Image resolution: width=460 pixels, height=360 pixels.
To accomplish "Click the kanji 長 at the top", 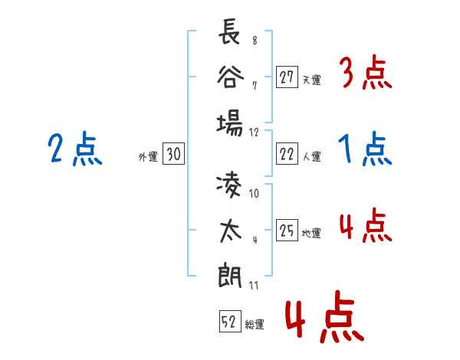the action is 229,31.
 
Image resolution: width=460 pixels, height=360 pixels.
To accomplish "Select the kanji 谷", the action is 230,77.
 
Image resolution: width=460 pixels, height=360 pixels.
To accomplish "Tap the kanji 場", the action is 230,123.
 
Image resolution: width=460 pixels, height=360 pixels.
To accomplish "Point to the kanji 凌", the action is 228,186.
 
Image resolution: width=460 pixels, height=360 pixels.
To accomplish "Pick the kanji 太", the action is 230,231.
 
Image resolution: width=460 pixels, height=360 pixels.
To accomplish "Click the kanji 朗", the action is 230,277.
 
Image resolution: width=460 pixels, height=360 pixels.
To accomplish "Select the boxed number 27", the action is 287,77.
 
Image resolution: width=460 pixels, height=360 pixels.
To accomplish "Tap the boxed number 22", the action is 287,154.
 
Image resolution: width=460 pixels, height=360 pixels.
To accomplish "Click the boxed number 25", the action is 287,230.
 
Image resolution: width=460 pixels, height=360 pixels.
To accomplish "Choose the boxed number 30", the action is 173,154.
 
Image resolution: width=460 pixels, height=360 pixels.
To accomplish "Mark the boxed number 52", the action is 230,321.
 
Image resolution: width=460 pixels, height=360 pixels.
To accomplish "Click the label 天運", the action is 311,80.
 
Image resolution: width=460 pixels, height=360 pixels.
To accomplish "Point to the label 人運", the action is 311,156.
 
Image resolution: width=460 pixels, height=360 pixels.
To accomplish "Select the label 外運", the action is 148,156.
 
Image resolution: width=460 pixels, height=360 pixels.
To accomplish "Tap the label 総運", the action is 255,324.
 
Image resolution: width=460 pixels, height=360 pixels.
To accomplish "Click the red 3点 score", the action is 366,72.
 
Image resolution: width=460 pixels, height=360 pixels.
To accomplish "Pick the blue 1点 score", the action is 365,149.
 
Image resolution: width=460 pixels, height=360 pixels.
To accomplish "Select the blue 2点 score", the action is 75,149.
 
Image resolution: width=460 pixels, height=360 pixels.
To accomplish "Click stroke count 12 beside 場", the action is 254,133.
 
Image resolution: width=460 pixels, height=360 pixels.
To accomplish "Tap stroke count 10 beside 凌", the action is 254,194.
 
